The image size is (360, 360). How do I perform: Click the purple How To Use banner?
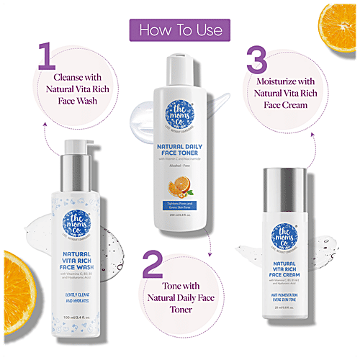[179, 31]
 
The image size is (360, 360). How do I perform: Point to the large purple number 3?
[258, 63]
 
